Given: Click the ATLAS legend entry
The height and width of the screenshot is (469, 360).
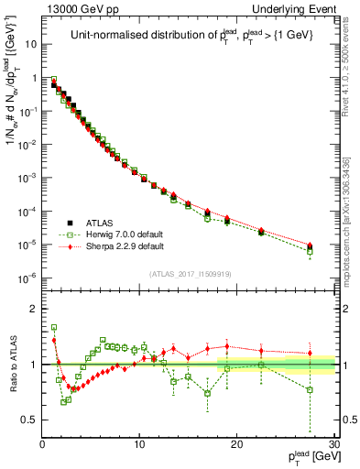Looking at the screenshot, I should coord(95,223).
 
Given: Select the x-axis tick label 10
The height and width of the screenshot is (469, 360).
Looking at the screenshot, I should coord(139,444).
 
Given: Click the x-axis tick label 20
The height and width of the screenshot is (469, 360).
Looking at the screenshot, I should coord(237,444).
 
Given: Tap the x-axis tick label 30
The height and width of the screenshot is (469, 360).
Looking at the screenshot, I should coord(334,444).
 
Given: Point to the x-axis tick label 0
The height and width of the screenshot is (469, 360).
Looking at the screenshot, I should coord(42,444).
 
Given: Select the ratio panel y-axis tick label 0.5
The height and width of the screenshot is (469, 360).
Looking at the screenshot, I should coord(29,420).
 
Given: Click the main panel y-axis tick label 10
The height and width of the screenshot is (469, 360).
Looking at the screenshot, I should coord(30,44).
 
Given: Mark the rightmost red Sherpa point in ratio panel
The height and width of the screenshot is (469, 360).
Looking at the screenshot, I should coord(310,353).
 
